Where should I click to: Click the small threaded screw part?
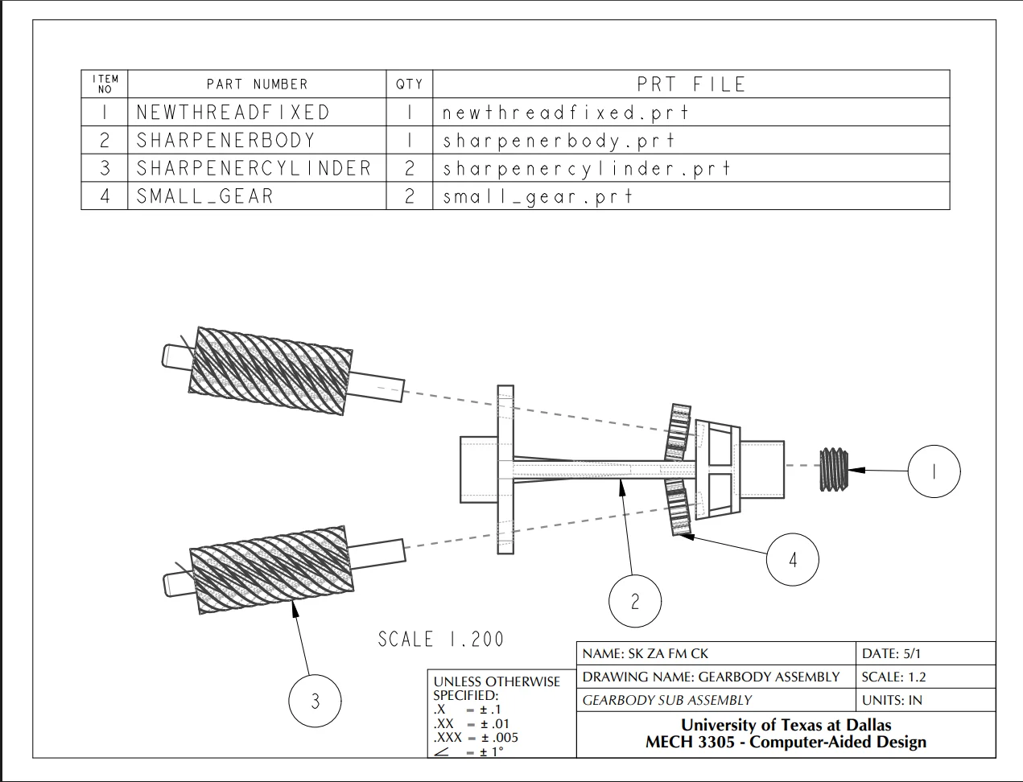point(834,469)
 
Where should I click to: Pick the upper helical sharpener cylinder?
point(283,371)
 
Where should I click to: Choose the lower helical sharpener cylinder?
point(284,570)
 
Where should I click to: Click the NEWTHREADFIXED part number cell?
point(257,112)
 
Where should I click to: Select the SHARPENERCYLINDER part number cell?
point(257,167)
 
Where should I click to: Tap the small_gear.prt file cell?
point(691,195)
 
